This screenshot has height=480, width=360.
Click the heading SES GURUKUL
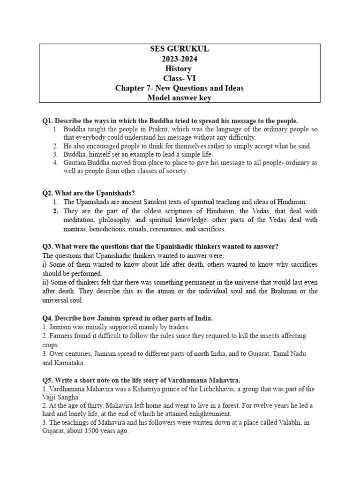(180, 50)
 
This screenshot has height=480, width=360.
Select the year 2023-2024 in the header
(180, 60)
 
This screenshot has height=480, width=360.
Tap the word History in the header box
(180, 69)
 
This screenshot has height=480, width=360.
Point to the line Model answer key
(180, 97)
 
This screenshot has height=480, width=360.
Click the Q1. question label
(48, 121)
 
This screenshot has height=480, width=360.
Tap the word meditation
(81, 220)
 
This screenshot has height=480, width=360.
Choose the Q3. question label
(48, 247)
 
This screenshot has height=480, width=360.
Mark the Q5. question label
(48, 380)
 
